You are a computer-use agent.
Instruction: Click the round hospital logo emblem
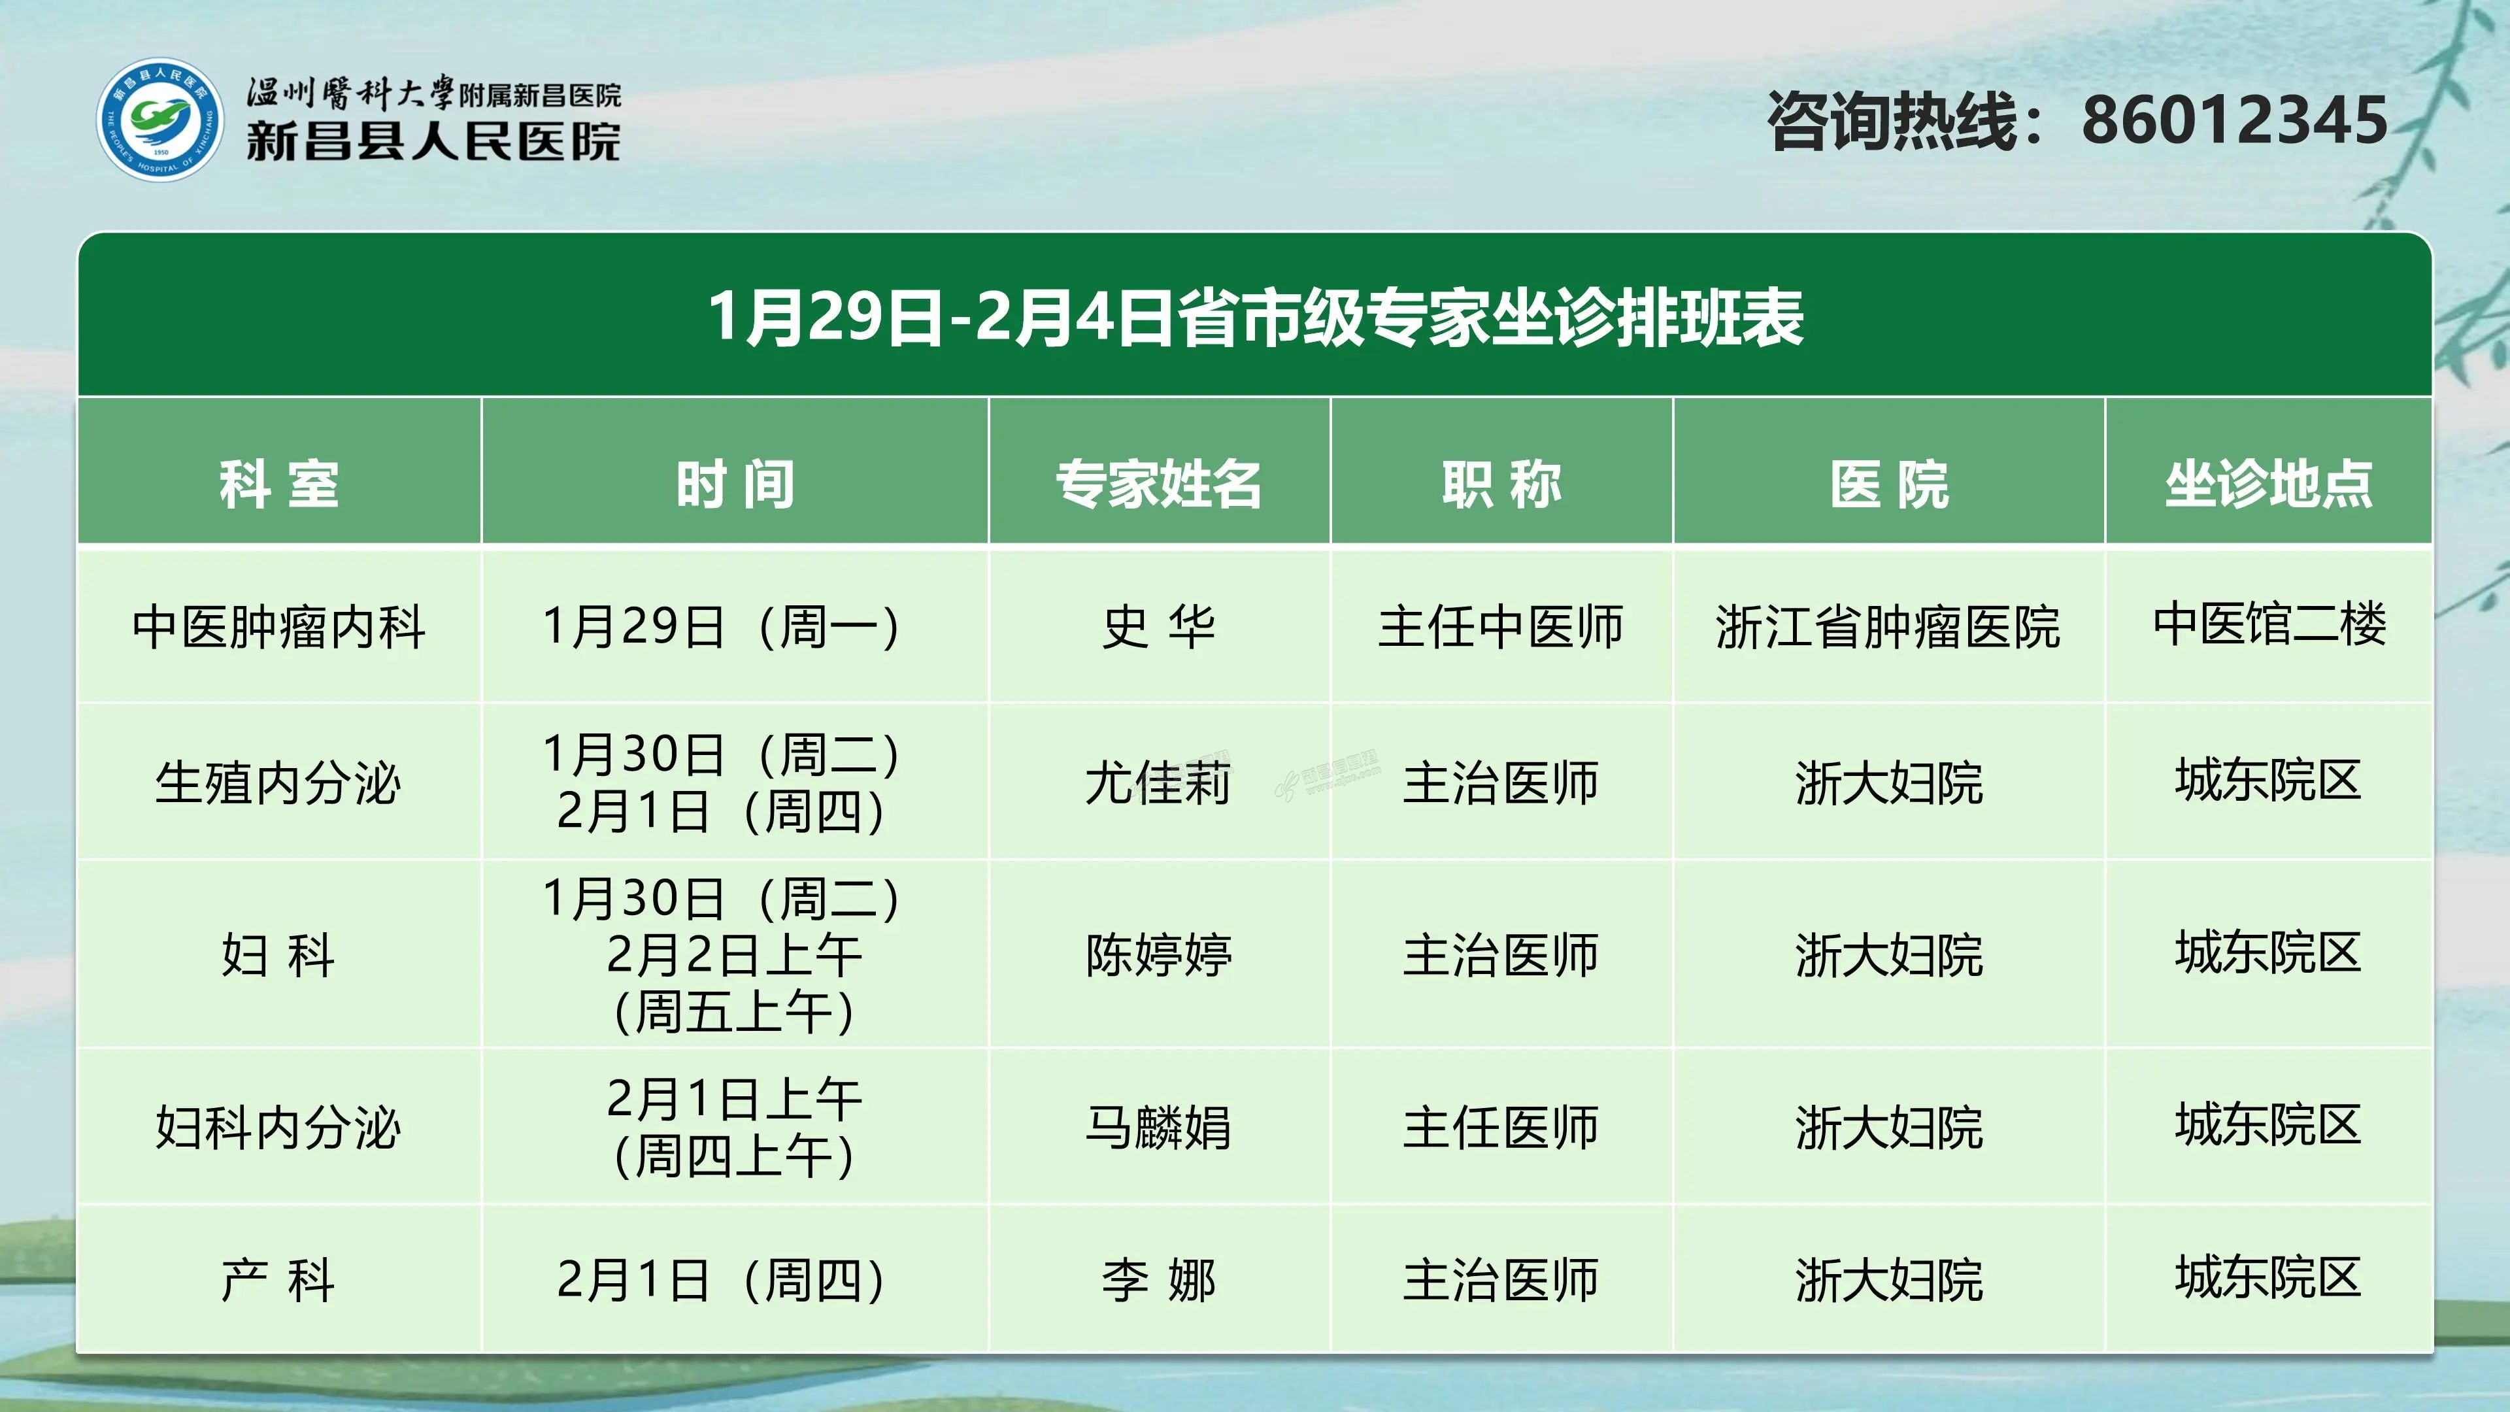click(159, 119)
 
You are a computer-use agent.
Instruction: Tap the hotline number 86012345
click(2234, 121)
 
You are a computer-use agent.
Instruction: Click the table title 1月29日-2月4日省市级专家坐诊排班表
click(1255, 316)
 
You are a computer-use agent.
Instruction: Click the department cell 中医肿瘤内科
click(278, 626)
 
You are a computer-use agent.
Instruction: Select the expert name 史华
click(1158, 626)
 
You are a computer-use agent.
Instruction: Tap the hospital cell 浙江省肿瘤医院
click(1888, 626)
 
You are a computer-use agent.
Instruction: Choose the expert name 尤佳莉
click(1158, 782)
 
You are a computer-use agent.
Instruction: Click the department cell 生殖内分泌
click(278, 782)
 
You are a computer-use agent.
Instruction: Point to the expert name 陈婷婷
click(1158, 954)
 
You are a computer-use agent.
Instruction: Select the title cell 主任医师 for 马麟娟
click(1501, 1128)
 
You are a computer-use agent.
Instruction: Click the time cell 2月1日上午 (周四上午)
click(735, 1128)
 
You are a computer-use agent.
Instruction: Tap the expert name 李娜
click(1158, 1279)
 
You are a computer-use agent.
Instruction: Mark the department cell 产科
click(278, 1279)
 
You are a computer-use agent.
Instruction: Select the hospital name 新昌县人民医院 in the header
click(433, 141)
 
